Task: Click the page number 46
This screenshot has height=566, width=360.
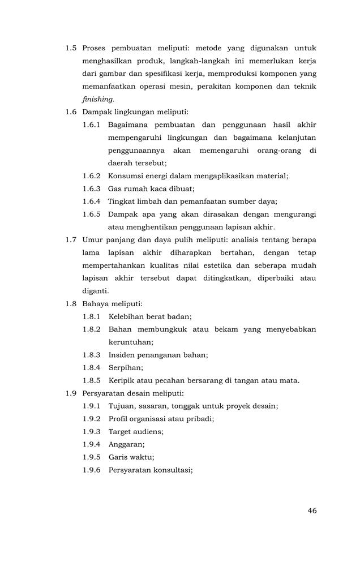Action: [x=312, y=511]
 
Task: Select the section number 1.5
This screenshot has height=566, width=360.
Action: [x=71, y=49]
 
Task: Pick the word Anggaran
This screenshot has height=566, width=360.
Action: [x=126, y=444]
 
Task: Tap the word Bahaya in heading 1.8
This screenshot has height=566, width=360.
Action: [x=95, y=304]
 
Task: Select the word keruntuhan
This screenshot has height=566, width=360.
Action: [x=131, y=342]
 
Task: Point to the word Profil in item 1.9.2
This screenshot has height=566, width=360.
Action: [x=118, y=418]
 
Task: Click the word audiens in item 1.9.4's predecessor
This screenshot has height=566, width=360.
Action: [x=148, y=431]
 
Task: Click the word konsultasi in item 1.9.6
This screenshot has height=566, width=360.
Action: [x=174, y=469]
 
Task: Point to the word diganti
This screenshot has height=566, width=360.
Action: [x=95, y=291]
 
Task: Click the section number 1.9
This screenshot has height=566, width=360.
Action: [x=71, y=393]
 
